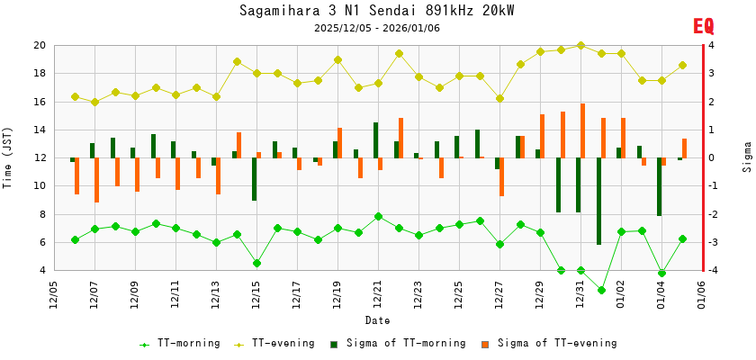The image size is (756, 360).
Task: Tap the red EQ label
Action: [703, 27]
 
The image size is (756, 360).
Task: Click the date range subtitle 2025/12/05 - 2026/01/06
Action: [377, 28]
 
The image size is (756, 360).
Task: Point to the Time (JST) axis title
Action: [8, 157]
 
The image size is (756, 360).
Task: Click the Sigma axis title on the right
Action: [748, 157]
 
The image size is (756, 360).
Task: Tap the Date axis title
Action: [377, 320]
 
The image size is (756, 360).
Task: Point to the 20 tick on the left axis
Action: [40, 45]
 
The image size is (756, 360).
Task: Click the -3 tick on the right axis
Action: [711, 242]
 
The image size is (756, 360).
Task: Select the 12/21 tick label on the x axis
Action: [378, 295]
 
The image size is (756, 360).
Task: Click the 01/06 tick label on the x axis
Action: [702, 295]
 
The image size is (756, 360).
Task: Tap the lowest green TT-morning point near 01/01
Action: [601, 290]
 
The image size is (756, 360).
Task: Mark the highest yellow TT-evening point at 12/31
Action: [580, 45]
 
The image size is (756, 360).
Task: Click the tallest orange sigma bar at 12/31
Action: [583, 130]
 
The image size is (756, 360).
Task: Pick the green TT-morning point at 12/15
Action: [256, 263]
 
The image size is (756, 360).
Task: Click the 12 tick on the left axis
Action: [40, 157]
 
